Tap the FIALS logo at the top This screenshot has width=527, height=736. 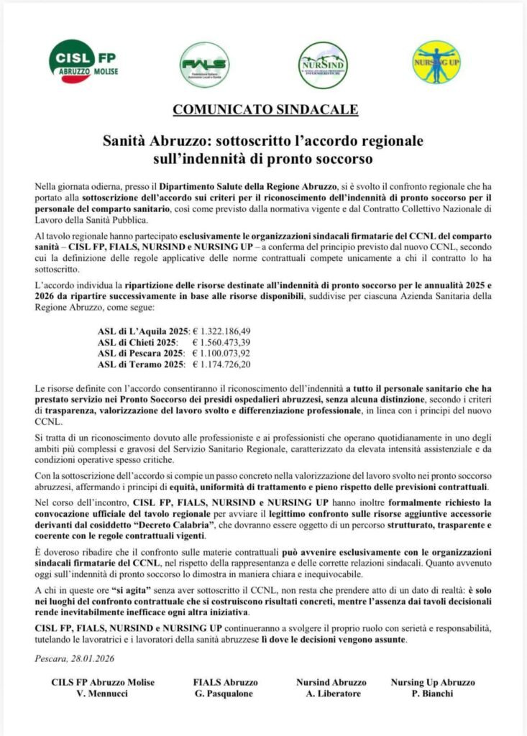204,65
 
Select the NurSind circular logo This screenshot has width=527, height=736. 323,65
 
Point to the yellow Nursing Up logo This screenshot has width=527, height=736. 436,63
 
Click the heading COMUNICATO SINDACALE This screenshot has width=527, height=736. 265,110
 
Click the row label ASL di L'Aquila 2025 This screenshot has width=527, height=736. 143,331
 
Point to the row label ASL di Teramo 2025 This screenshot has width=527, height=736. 142,364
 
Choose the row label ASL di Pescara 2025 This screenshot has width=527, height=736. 142,354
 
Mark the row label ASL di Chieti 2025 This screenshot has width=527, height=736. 137,343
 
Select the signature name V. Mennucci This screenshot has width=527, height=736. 103,694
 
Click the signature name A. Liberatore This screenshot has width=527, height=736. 331,694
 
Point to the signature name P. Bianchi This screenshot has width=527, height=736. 433,694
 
